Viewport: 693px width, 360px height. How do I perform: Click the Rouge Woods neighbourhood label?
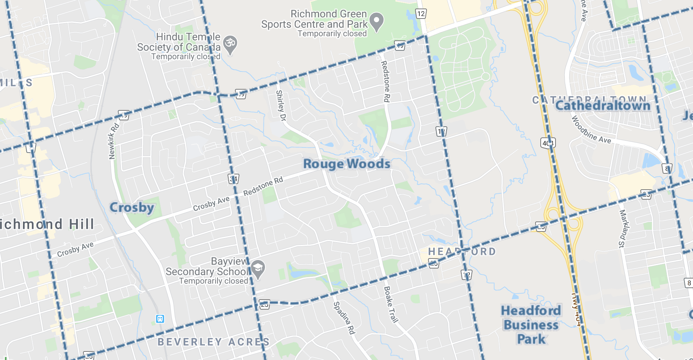coord(346,164)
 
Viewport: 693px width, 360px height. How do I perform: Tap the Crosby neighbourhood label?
coord(132,207)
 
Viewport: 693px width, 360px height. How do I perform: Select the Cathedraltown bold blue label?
coord(603,106)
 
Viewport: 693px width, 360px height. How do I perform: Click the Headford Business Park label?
coord(531,325)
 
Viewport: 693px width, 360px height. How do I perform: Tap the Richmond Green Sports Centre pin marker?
coord(377,22)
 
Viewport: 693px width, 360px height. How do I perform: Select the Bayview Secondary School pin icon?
coord(258,269)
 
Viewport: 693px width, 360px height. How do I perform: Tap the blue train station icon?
coord(160,319)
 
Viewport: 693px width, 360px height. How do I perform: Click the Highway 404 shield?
coord(548,143)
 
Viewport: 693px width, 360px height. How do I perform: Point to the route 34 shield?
coord(233,179)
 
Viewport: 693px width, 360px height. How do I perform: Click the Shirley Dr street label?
coord(281,106)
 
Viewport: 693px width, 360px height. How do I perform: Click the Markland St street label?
coord(624,229)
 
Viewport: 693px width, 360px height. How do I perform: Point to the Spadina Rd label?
coord(344,318)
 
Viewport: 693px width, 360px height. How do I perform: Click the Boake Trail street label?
coord(390,304)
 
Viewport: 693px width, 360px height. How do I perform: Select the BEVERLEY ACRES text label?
coord(213,342)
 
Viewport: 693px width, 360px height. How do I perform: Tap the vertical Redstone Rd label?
coord(385,81)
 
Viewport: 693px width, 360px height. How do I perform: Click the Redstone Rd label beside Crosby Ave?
coord(263,186)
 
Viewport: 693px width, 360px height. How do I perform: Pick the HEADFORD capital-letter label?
coord(462,252)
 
